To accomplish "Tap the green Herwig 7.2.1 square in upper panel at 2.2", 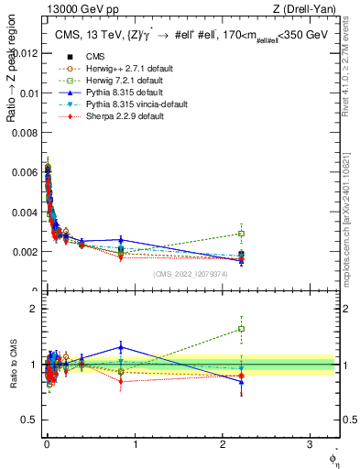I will [241, 234].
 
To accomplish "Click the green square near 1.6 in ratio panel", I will [241, 329].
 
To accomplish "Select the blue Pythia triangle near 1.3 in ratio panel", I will [121, 347].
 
